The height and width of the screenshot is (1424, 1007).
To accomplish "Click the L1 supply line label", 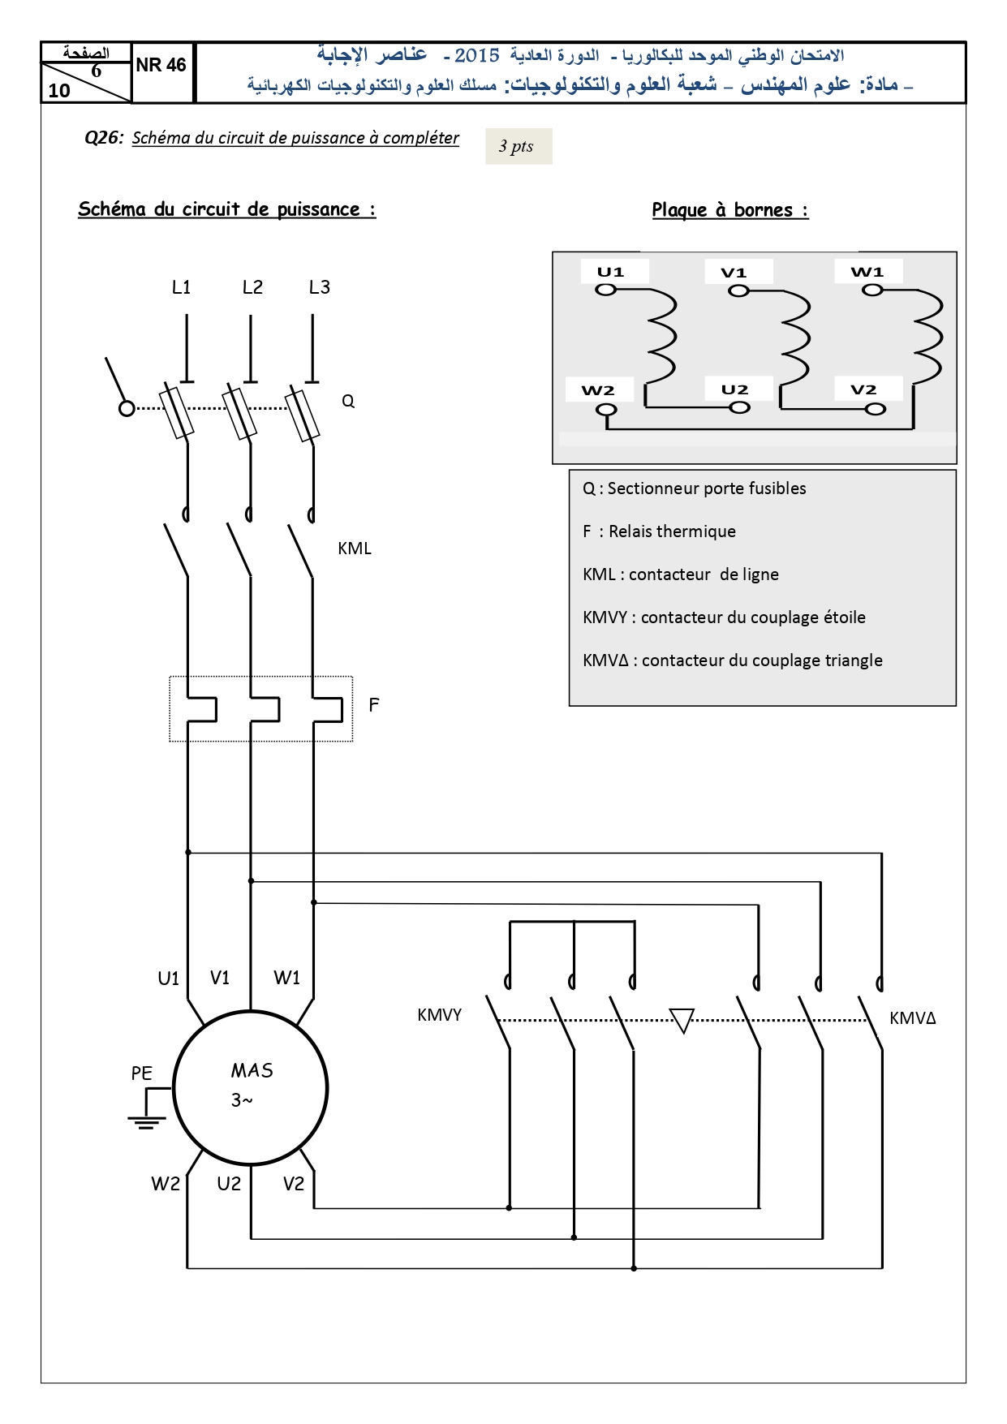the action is (182, 287).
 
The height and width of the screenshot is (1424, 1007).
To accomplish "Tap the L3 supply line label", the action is (320, 287).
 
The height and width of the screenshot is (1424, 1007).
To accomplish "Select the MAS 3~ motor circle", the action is (250, 1011).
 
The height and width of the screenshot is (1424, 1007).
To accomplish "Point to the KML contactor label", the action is (355, 549).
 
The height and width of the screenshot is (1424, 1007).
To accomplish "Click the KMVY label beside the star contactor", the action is (439, 1015).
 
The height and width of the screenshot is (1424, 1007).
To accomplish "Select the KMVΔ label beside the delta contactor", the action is (913, 1018).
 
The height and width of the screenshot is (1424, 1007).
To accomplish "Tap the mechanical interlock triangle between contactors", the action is (682, 1020).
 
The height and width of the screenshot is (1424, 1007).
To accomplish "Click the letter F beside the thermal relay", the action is (374, 705).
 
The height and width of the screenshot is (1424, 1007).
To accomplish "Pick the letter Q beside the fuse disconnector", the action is (348, 401).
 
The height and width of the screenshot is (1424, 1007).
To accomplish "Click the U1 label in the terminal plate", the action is (610, 272).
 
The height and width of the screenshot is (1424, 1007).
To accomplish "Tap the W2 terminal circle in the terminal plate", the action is (606, 410).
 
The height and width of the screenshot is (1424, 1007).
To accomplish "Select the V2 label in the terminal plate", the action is (863, 389).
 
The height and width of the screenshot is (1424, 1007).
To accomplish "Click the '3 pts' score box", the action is (519, 146).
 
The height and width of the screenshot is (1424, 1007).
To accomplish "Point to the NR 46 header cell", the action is (161, 65).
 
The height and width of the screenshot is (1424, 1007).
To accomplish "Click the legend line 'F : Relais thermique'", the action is (659, 531).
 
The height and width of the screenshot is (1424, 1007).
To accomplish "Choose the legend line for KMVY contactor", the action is (724, 617).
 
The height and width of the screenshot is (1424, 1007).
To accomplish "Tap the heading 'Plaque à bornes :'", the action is (730, 210).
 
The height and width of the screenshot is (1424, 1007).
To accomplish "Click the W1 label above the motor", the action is (287, 978).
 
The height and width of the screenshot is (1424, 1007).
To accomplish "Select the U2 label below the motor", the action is (229, 1184).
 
